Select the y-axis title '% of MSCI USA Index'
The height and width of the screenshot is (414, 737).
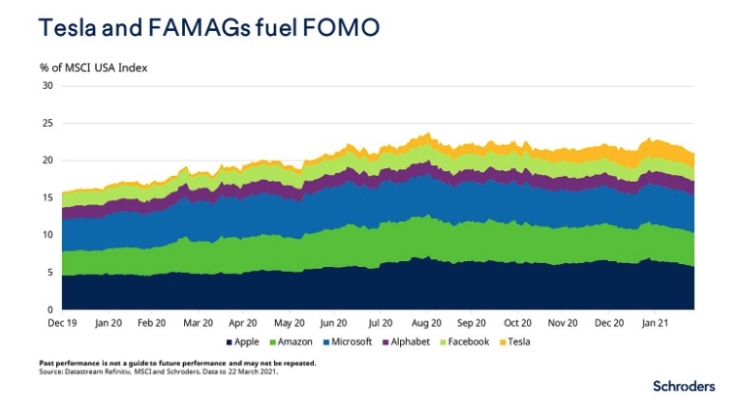point(93,68)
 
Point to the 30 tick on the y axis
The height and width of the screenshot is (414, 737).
point(47,85)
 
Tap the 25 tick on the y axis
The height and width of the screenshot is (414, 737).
point(47,123)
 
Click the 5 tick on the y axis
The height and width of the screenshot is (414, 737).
point(50,272)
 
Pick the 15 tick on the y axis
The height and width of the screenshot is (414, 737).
point(47,197)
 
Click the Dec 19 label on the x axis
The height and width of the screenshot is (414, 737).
point(62,322)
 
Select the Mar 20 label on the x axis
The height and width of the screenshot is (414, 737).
point(198,322)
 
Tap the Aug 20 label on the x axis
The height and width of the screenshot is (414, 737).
point(426,322)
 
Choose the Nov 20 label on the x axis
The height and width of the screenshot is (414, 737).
point(564,322)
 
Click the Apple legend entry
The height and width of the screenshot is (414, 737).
point(243,341)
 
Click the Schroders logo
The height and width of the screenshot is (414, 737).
point(684,386)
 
